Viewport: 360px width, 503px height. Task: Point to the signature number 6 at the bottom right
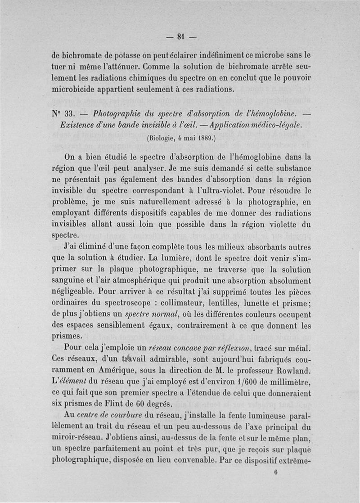[x=275, y=473]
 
